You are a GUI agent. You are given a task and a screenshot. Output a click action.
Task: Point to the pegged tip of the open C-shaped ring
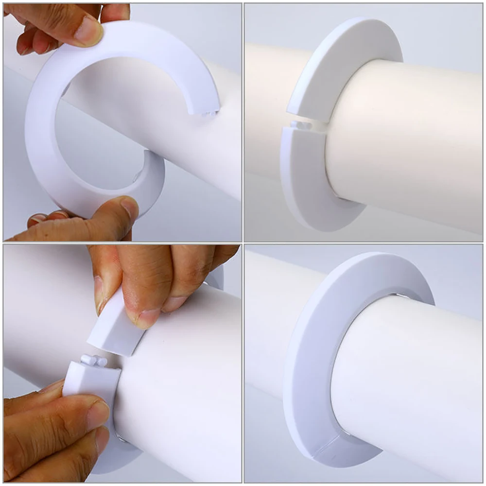point(207,111)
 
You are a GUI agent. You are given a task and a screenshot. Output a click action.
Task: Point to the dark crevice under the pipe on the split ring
point(340,197)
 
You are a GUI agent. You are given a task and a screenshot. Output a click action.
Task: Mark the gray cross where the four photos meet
point(243,243)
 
